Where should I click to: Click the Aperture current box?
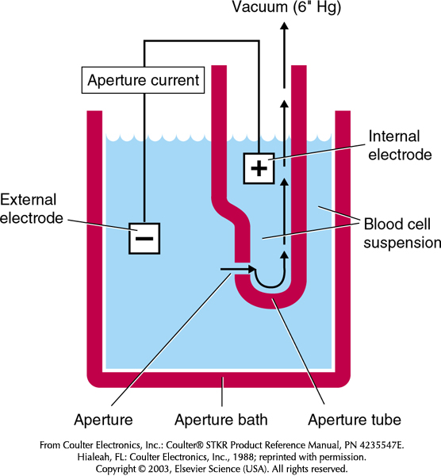tap(143, 80)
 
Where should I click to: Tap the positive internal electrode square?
tap(259, 168)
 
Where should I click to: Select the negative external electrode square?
tap(144, 238)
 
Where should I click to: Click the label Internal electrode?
tap(400, 145)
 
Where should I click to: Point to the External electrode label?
tap(31, 209)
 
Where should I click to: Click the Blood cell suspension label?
tap(402, 233)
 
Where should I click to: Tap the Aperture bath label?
tap(221, 420)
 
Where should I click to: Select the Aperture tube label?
tap(355, 420)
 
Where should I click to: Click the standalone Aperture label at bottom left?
tap(103, 420)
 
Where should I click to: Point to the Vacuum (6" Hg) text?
tap(286, 7)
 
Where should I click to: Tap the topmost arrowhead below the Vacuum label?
tap(285, 26)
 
